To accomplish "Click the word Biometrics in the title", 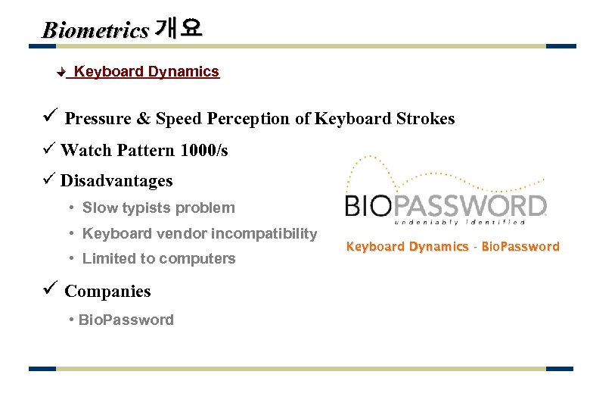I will pyautogui.click(x=95, y=30).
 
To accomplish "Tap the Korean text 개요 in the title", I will pyautogui.click(x=178, y=29).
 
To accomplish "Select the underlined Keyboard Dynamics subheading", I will pyautogui.click(x=146, y=72).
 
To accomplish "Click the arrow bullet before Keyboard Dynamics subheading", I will pyautogui.click(x=63, y=73).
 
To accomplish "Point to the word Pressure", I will pyautogui.click(x=98, y=119).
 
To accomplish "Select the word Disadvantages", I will pyautogui.click(x=116, y=181).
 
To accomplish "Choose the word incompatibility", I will pyautogui.click(x=264, y=233).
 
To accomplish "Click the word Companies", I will pyautogui.click(x=107, y=292).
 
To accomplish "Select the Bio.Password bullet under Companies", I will pyautogui.click(x=126, y=320).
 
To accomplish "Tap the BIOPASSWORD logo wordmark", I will pyautogui.click(x=446, y=205).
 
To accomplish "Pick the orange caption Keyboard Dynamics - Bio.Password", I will pyautogui.click(x=452, y=247).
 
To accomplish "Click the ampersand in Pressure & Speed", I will pyautogui.click(x=143, y=119).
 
